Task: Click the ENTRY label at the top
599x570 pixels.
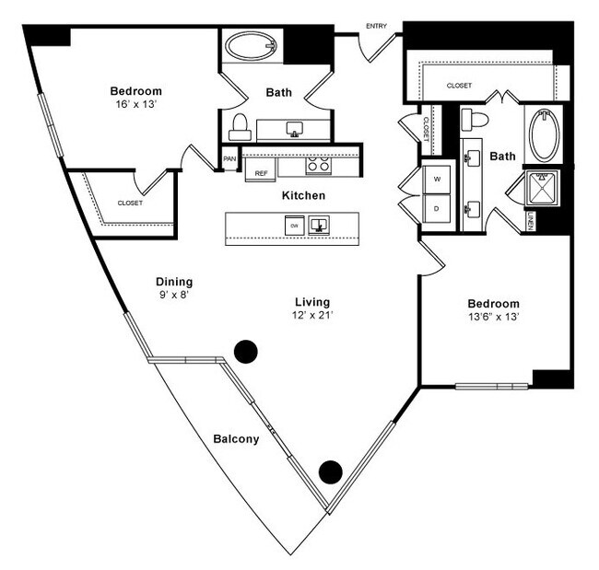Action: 376,26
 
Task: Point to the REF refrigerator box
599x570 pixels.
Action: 261,172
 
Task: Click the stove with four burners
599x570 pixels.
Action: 318,166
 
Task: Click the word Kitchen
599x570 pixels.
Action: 303,195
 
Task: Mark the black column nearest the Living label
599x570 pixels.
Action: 245,351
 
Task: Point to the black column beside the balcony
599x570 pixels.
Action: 330,472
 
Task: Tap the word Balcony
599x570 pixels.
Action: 235,439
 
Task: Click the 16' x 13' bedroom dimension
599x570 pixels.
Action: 136,104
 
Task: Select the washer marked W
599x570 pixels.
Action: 437,180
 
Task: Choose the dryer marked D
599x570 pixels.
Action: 437,210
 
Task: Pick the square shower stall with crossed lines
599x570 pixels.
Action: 542,188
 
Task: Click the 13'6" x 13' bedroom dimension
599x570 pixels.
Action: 493,317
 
